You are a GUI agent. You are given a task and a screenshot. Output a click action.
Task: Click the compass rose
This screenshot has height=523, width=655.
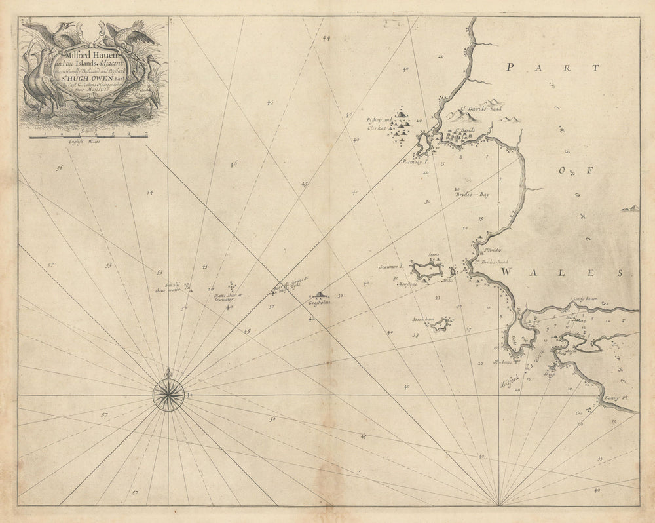[x=168, y=395]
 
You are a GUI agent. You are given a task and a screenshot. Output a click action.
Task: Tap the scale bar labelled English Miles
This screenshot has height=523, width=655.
[x=88, y=137]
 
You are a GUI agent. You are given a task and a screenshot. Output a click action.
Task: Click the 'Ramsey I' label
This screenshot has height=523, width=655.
[x=414, y=161]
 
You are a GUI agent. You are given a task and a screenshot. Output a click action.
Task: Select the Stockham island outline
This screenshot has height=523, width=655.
[x=441, y=324]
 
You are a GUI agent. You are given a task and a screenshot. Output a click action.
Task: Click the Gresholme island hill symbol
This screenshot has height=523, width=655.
[x=320, y=294]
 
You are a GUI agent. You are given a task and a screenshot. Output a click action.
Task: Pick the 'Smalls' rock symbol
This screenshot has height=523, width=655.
[x=188, y=286]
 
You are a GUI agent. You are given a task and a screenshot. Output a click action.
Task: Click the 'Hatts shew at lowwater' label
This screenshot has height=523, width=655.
[x=228, y=296]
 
